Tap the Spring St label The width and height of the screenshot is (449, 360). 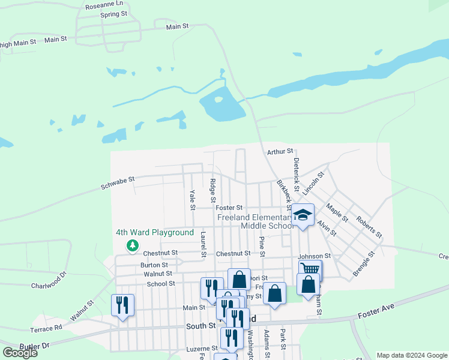(x=113, y=14)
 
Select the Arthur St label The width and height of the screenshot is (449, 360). (x=280, y=151)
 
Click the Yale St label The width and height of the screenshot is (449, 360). (x=193, y=200)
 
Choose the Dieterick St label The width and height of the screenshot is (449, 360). (x=296, y=172)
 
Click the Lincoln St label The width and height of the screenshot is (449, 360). (x=313, y=184)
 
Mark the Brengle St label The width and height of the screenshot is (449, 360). (x=364, y=263)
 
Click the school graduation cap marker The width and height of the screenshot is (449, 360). (x=303, y=215)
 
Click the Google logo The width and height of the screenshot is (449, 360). (x=20, y=353)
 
